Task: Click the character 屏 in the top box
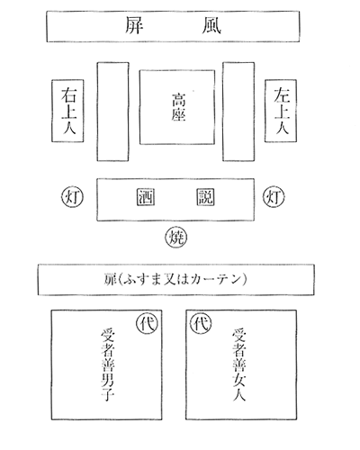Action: [x=134, y=25]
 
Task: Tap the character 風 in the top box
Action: [x=211, y=25]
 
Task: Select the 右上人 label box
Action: [x=67, y=111]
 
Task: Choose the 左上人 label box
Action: [x=281, y=111]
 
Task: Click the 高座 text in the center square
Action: [x=178, y=107]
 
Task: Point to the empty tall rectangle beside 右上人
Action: [x=112, y=112]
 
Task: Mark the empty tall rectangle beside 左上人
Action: [x=238, y=112]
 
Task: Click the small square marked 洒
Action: [x=146, y=197]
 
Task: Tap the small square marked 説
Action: [x=205, y=197]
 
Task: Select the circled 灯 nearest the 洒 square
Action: [x=72, y=197]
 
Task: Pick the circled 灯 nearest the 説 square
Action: [x=274, y=197]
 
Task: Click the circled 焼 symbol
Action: [x=175, y=238]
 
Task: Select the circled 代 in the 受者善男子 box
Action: [x=148, y=323]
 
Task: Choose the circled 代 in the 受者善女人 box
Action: [x=201, y=323]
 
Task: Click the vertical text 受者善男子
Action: [x=108, y=364]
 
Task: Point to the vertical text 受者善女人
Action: [x=239, y=364]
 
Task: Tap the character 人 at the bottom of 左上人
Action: [x=281, y=129]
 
